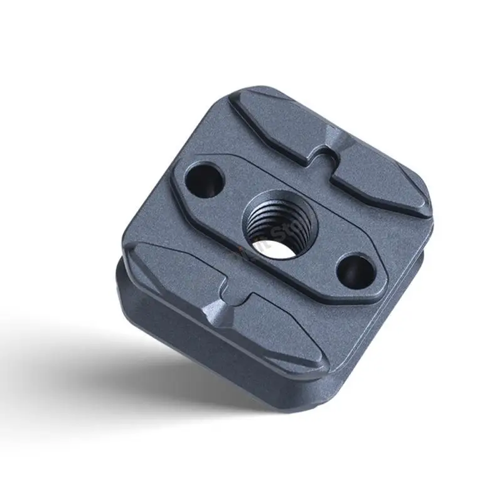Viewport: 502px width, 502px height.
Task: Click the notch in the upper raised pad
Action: click(x=323, y=156)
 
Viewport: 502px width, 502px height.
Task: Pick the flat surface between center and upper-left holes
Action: click(x=232, y=188)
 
